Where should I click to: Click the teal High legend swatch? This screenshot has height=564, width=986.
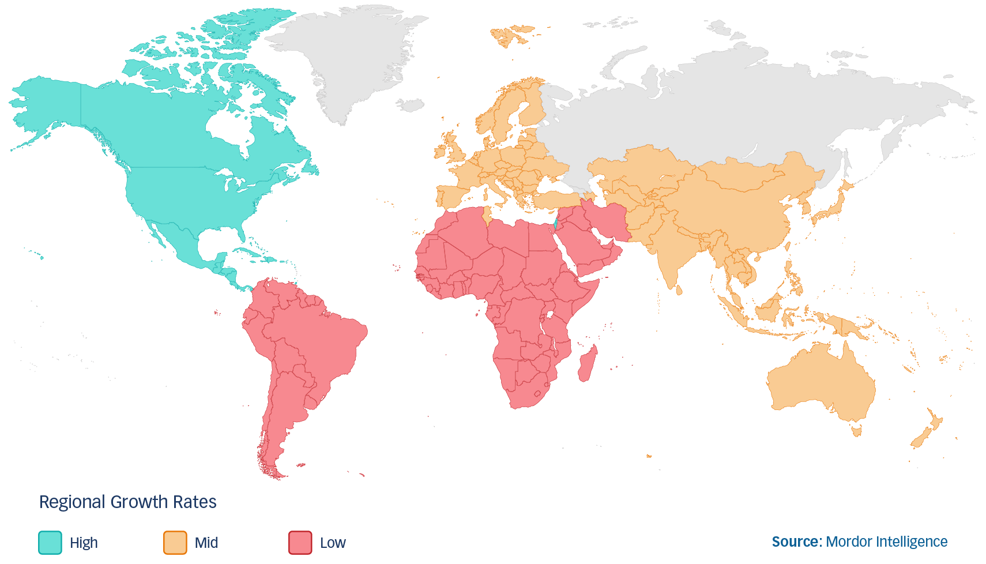pyautogui.click(x=50, y=543)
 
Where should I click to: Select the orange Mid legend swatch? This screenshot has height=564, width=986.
pyautogui.click(x=175, y=543)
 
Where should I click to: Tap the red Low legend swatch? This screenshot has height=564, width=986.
pyautogui.click(x=300, y=543)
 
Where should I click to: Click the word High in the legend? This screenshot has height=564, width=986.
pyautogui.click(x=84, y=543)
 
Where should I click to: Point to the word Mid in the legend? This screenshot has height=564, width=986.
pyautogui.click(x=206, y=543)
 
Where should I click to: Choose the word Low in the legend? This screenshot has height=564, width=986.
pyautogui.click(x=333, y=543)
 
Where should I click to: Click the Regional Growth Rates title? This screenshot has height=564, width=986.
pyautogui.click(x=127, y=502)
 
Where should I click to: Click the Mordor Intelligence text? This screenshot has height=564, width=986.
pyautogui.click(x=886, y=542)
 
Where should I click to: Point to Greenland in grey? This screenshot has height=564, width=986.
pyautogui.click(x=352, y=58)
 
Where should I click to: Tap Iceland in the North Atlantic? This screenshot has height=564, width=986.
pyautogui.click(x=411, y=105)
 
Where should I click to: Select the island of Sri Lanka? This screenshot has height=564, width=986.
pyautogui.click(x=679, y=289)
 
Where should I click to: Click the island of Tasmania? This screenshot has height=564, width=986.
pyautogui.click(x=856, y=430)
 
